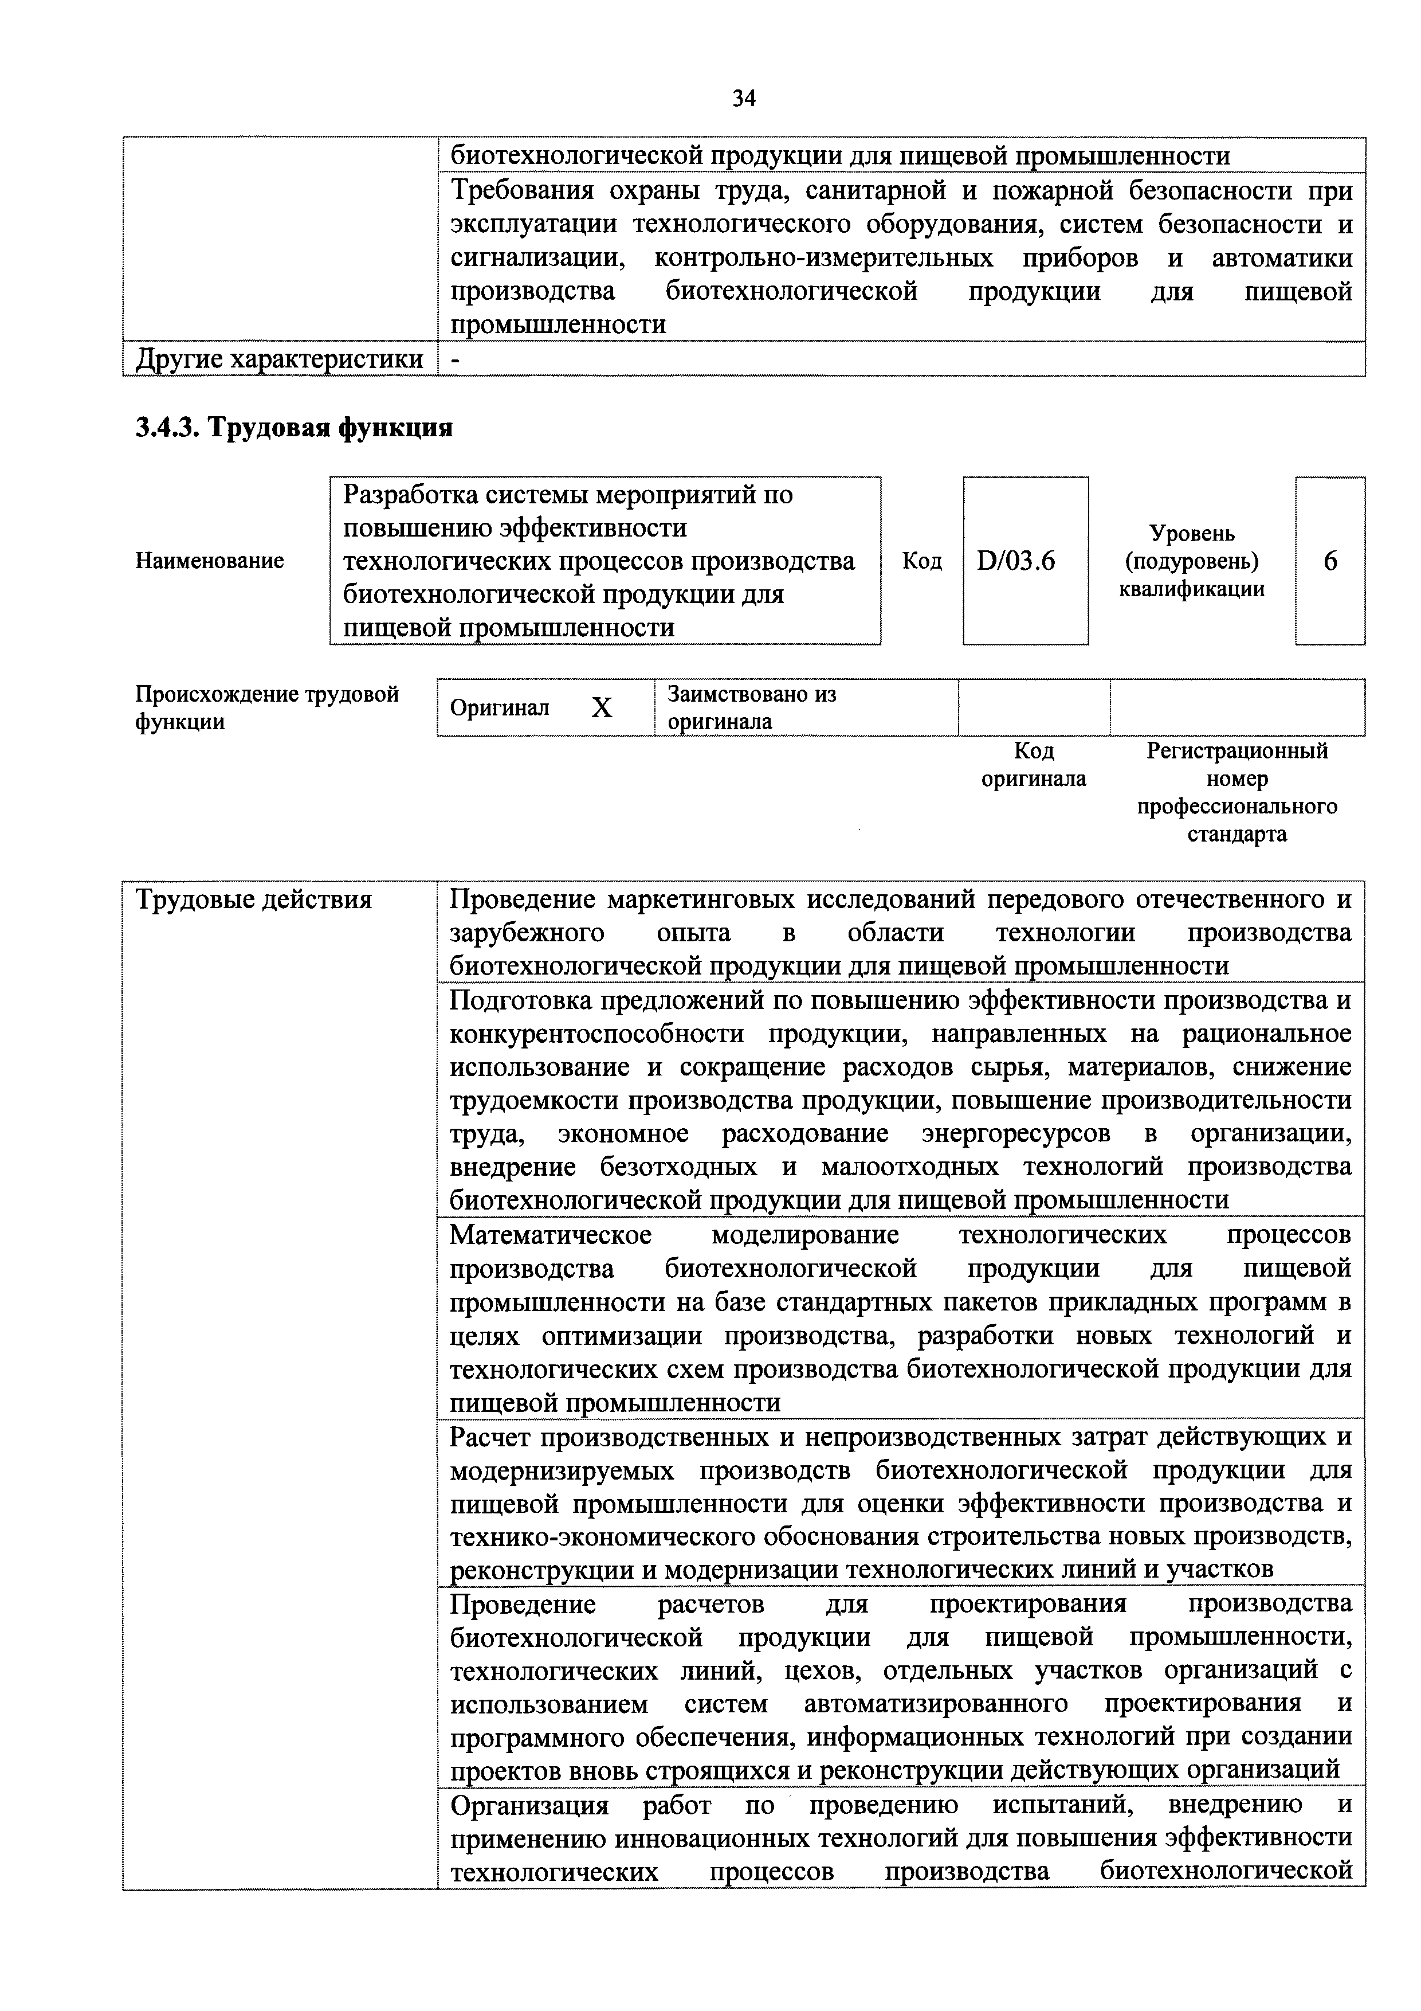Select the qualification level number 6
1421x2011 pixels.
(x=1330, y=561)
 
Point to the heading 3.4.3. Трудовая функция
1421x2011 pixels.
(x=293, y=428)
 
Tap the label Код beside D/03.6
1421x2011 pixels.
(x=922, y=561)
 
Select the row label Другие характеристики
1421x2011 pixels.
(x=278, y=359)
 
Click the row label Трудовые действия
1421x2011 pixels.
(x=254, y=899)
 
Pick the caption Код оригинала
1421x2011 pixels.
(x=1033, y=765)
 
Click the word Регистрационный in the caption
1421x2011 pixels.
(x=1237, y=750)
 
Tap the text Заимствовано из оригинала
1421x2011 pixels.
(x=751, y=708)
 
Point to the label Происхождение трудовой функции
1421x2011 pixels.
(x=266, y=708)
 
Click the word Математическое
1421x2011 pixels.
(x=550, y=1235)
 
